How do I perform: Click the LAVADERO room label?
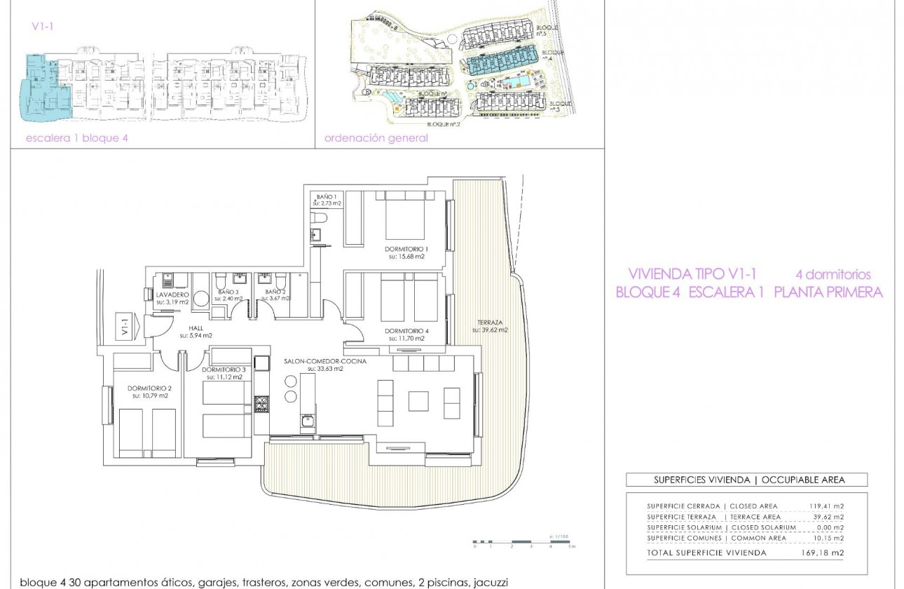(173, 295)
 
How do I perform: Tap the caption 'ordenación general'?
(376, 138)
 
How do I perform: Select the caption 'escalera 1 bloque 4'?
(77, 138)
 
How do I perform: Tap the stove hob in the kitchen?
(261, 403)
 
